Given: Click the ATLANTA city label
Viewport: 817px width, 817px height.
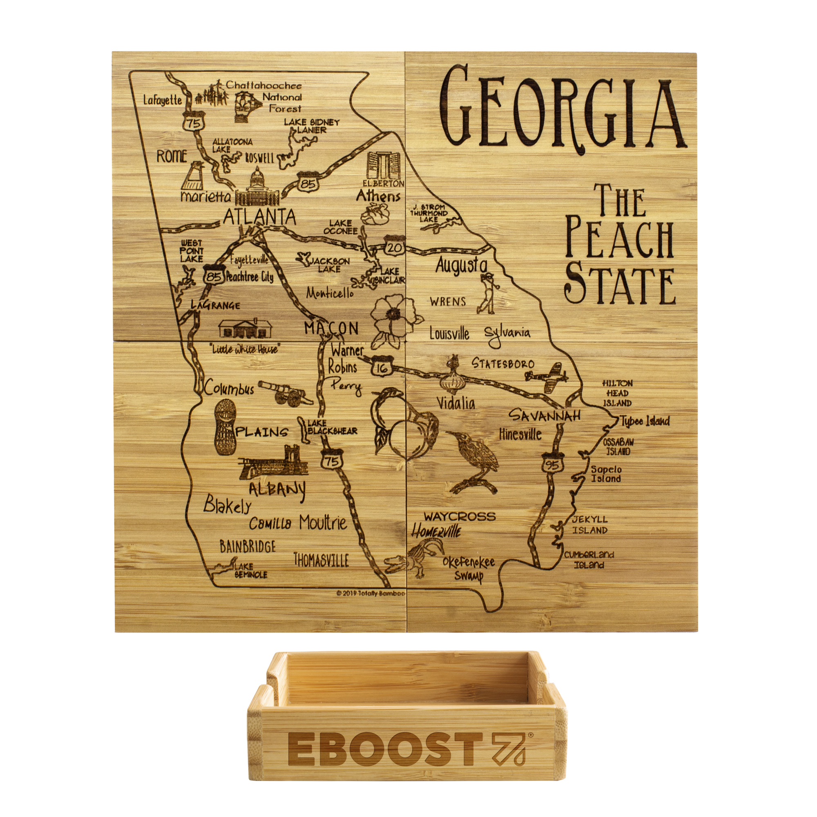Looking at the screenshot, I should (x=259, y=217).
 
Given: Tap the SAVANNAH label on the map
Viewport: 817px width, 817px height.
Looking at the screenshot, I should (x=543, y=416).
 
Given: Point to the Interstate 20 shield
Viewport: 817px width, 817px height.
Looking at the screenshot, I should (x=394, y=247).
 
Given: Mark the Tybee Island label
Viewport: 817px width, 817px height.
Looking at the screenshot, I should (x=645, y=421).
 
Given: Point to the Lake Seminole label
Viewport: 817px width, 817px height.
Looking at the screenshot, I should (x=250, y=570).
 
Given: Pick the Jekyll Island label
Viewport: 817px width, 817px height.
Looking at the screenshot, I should (x=589, y=525).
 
